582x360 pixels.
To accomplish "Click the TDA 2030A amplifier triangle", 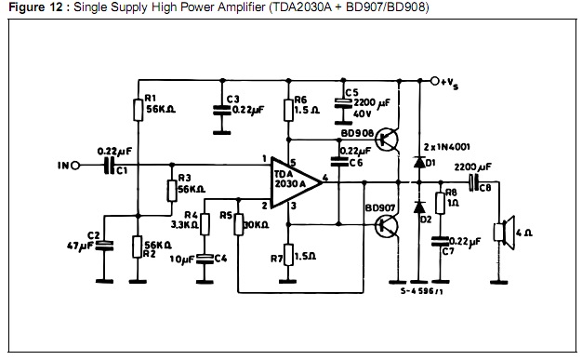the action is [x=293, y=182].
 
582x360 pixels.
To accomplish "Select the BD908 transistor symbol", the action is [x=387, y=140].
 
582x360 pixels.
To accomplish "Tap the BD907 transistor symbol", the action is [x=387, y=226].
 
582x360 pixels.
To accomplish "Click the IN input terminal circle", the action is [x=75, y=166].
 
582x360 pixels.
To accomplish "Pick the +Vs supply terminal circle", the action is [x=435, y=81].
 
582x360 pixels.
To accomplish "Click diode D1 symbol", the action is [x=420, y=163].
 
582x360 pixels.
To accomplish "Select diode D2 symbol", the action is [x=420, y=207].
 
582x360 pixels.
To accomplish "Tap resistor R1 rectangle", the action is [x=139, y=110].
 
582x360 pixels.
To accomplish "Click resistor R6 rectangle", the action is [x=288, y=110].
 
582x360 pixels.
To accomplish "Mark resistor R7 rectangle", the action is [x=288, y=255].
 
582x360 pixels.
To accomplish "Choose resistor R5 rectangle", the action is [x=238, y=224].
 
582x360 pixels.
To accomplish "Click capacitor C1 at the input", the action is [x=109, y=166].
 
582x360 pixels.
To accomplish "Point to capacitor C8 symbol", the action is [x=473, y=182].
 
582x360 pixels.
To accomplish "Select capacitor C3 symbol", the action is [x=222, y=110].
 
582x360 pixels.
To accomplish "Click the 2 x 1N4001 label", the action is [x=447, y=147].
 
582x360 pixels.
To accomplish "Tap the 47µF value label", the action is [x=79, y=247].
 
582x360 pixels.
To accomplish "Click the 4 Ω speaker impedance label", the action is [x=524, y=233].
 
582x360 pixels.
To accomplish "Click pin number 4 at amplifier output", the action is [x=325, y=178].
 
